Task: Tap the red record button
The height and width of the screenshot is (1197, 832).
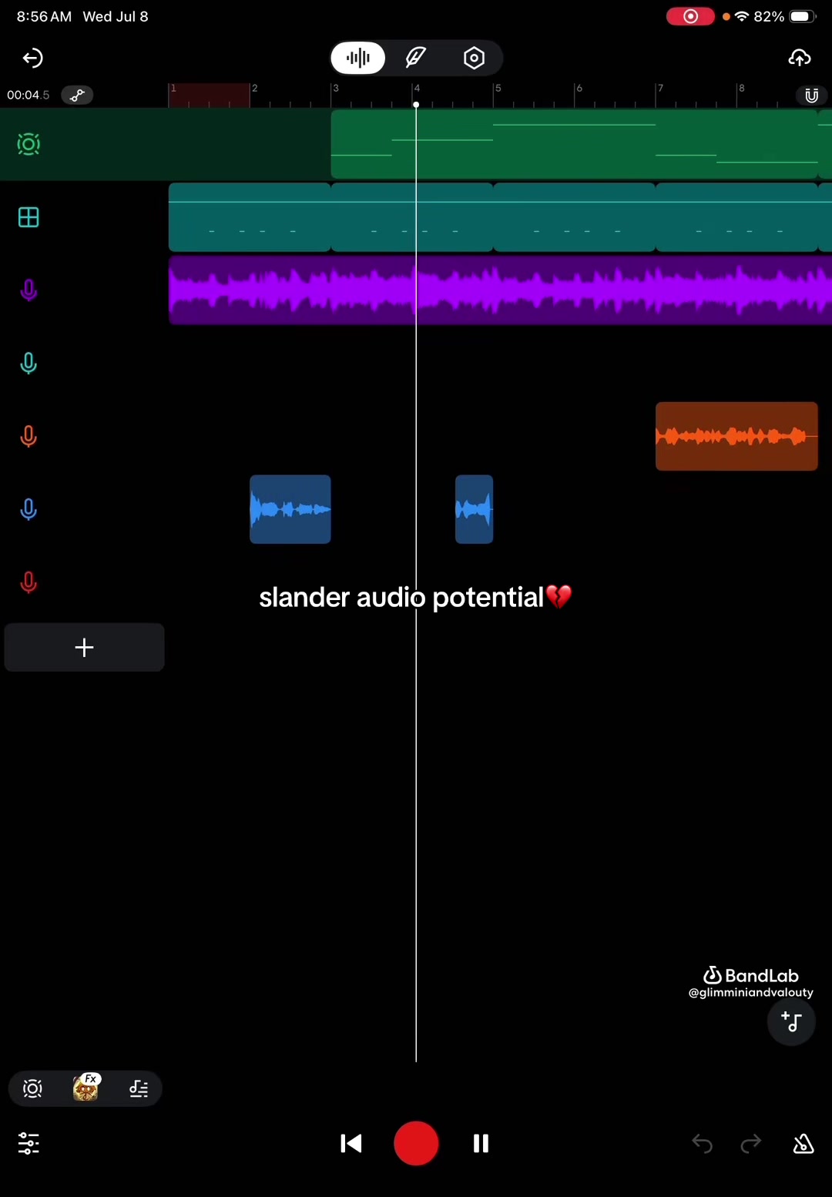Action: coord(416,1143)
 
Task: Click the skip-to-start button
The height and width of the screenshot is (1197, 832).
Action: coord(351,1144)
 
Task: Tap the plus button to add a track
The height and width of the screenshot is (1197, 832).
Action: coord(84,647)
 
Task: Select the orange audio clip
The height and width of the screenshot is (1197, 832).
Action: coord(736,436)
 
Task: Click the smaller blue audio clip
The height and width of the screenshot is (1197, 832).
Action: coord(474,509)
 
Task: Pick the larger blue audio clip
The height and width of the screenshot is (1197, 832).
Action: coord(290,509)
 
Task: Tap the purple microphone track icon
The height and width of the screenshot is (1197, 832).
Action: coord(29,290)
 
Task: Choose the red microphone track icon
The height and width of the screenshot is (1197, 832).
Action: coord(29,582)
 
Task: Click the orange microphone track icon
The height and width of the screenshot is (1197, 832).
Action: coord(29,437)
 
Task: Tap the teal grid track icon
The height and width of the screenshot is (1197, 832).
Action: coord(29,217)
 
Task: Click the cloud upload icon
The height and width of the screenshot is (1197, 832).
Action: coord(800,58)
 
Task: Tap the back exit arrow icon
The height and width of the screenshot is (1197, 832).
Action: coord(32,58)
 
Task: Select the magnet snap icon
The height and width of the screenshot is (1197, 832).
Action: coord(811,96)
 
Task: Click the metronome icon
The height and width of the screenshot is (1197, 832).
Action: coord(803,1144)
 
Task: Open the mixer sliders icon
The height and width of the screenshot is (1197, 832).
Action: coord(29,1144)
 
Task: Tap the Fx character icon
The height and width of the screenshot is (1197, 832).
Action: coord(86,1088)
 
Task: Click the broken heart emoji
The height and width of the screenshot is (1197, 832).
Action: coord(559,597)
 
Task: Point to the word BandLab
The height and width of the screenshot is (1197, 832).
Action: coord(761,976)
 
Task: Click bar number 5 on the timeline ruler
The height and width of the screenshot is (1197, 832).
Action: coord(498,88)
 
